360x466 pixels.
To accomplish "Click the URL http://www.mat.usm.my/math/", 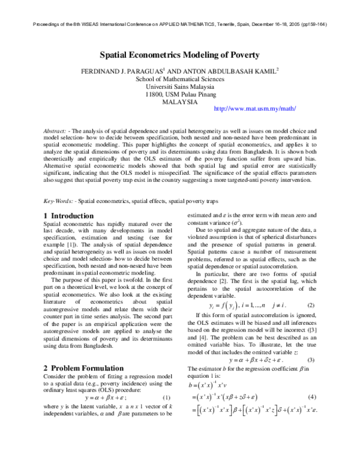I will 254,109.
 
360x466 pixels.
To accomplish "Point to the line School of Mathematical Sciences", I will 179,79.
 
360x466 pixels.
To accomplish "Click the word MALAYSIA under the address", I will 179,102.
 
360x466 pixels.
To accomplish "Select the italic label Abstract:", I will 55,130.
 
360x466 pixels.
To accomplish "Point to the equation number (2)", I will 311,306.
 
